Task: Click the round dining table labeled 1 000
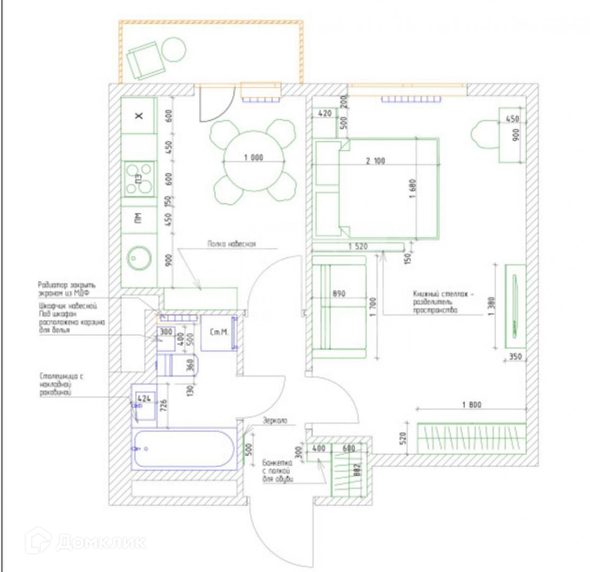coord(254,161)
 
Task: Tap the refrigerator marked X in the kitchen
coord(139,115)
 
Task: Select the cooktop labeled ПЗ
coord(139,179)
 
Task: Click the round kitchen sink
coord(139,259)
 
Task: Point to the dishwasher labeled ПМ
coord(139,218)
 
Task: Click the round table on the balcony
coord(174,50)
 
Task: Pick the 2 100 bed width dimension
coord(376,162)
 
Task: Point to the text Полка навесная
coord(232,244)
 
